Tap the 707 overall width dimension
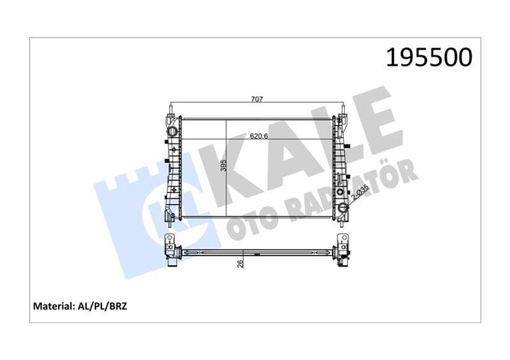point(257,99)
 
